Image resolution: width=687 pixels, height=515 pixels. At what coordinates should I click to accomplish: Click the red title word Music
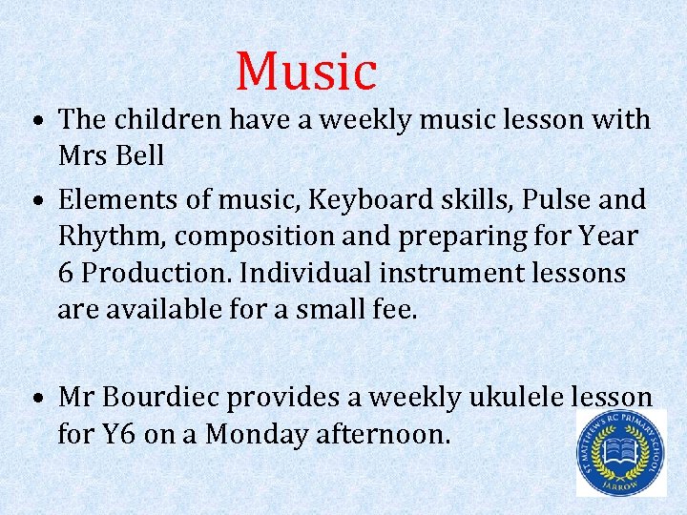coord(306,71)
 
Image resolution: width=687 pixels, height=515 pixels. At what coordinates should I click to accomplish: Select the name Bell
coord(139,155)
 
